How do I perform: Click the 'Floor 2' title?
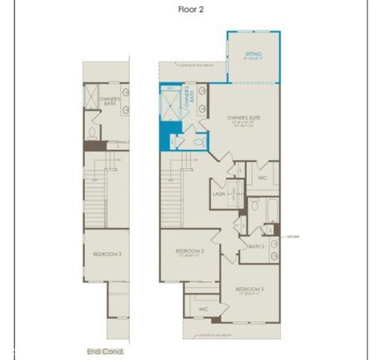coord(190,10)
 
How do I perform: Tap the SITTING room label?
coord(253,55)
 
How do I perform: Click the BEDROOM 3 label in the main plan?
coord(190,251)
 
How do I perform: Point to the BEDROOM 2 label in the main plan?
coord(249,289)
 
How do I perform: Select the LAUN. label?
coord(220,193)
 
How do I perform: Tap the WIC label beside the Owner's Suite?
coord(262,178)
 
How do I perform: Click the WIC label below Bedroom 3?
coord(202,308)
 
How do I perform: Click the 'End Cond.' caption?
coord(105,351)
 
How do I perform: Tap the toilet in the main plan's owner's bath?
coord(199,140)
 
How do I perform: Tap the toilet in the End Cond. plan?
coord(92,133)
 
